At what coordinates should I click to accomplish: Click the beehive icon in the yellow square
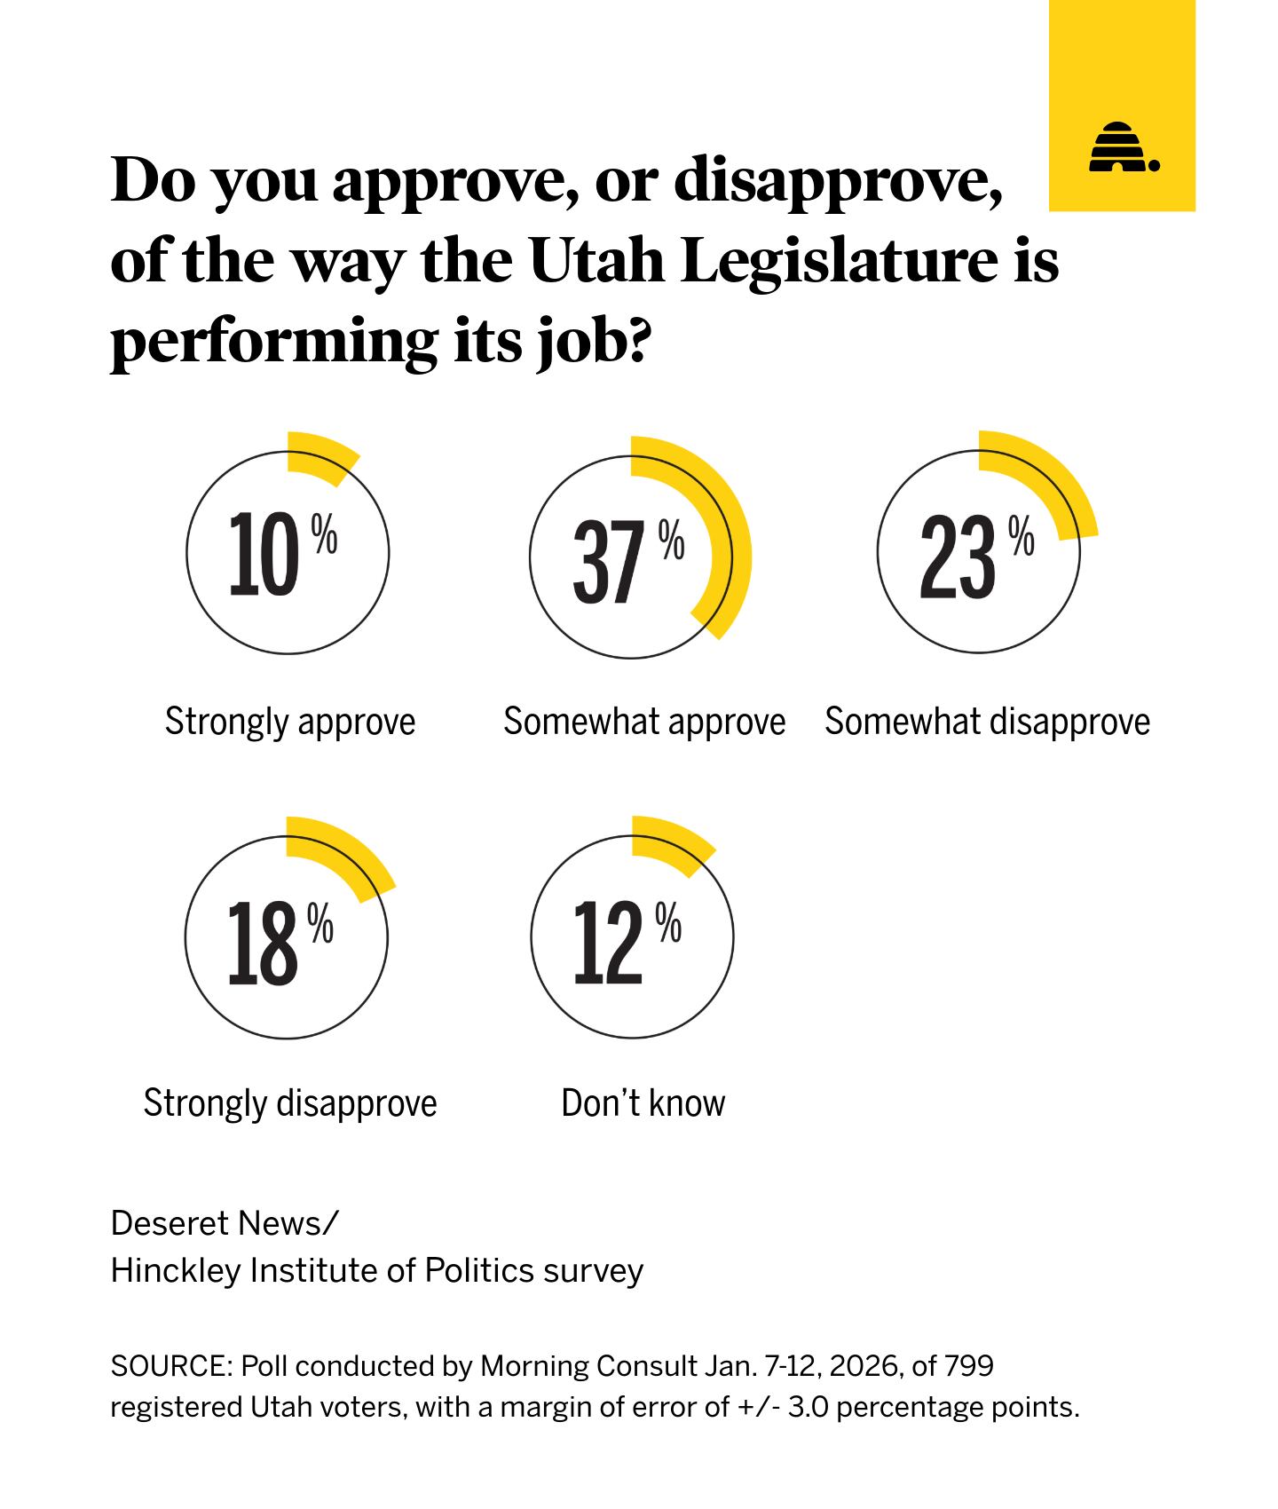point(1122,147)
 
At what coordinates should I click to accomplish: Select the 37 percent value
point(608,561)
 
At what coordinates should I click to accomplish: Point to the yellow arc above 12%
point(674,842)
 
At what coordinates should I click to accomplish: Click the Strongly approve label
point(290,722)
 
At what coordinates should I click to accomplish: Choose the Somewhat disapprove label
point(987,722)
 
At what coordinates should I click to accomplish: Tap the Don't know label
point(643,1103)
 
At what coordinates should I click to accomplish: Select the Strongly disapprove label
point(290,1103)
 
